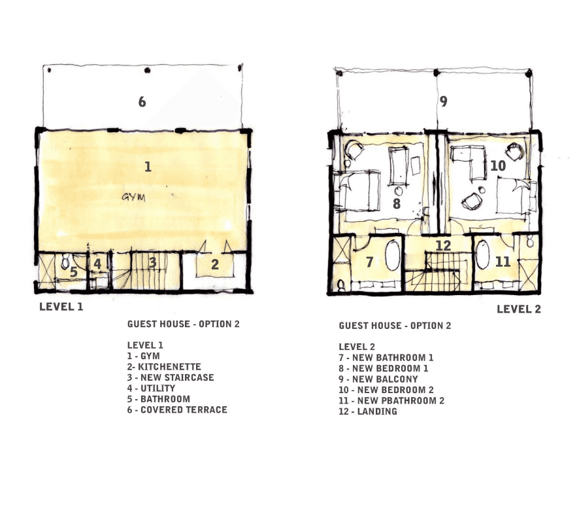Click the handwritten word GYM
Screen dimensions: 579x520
pos(134,197)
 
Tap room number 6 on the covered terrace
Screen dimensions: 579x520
pos(142,101)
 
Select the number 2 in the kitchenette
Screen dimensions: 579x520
pos(215,264)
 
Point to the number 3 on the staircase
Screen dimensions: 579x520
pos(152,262)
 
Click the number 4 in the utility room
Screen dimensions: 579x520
pos(97,264)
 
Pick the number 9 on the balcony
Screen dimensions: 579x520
pos(444,101)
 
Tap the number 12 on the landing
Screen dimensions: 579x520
pos(443,245)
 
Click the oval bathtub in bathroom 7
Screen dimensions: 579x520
pos(393,256)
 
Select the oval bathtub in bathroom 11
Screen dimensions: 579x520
pos(482,254)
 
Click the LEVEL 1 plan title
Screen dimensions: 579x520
pos(61,307)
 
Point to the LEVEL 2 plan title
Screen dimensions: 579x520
pos(519,309)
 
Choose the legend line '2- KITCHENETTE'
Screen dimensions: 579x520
pos(164,367)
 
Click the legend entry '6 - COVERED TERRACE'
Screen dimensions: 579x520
pos(177,409)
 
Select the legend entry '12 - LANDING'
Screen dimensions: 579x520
pos(368,411)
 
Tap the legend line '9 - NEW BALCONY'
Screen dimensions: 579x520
pos(378,379)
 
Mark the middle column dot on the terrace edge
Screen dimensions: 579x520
pos(147,70)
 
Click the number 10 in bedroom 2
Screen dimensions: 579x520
pos(498,165)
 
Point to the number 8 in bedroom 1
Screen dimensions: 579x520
pos(397,203)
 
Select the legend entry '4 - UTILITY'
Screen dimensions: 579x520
pos(152,388)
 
